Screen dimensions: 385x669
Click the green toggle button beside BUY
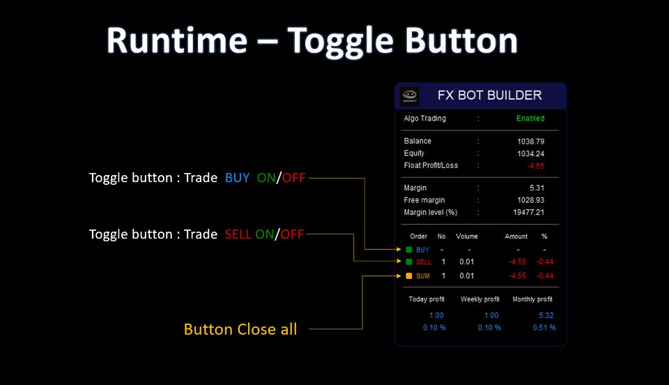409,249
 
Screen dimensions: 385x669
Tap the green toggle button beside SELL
409,262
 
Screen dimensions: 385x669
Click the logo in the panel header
410,96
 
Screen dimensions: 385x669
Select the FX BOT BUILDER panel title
489,96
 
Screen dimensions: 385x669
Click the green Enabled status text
530,119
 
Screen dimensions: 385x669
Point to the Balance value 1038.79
530,142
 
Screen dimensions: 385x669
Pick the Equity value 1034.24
530,153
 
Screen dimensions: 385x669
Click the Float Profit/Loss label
431,165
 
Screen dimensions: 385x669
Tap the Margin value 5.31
536,188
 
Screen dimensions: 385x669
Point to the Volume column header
467,236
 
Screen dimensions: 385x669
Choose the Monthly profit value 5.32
547,316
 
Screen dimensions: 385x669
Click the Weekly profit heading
480,299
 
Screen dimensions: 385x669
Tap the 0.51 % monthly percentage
544,328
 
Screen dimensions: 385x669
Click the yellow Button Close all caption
240,329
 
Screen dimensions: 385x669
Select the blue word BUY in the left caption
237,178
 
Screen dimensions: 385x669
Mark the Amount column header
516,236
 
